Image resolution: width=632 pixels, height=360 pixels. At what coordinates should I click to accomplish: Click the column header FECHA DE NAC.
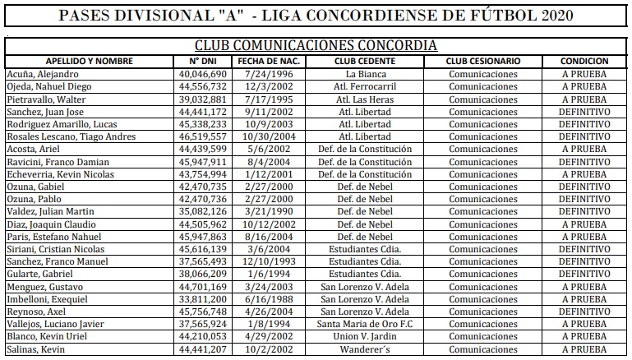[270, 61]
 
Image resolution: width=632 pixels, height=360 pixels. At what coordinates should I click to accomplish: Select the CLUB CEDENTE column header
[365, 61]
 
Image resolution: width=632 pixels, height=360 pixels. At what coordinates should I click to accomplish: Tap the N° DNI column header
[201, 61]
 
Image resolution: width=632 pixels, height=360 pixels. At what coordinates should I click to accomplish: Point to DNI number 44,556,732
[201, 86]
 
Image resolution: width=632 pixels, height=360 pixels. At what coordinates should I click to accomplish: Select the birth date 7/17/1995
[270, 99]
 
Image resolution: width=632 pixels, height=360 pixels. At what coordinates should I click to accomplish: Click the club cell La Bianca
[365, 73]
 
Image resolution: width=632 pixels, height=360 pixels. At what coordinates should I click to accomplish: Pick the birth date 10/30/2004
[270, 136]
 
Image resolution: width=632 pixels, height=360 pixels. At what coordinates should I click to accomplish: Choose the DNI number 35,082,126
[201, 212]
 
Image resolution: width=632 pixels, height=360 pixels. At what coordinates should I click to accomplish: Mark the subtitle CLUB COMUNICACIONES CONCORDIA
[316, 46]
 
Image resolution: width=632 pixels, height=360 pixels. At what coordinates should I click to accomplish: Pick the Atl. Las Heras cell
[365, 99]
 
